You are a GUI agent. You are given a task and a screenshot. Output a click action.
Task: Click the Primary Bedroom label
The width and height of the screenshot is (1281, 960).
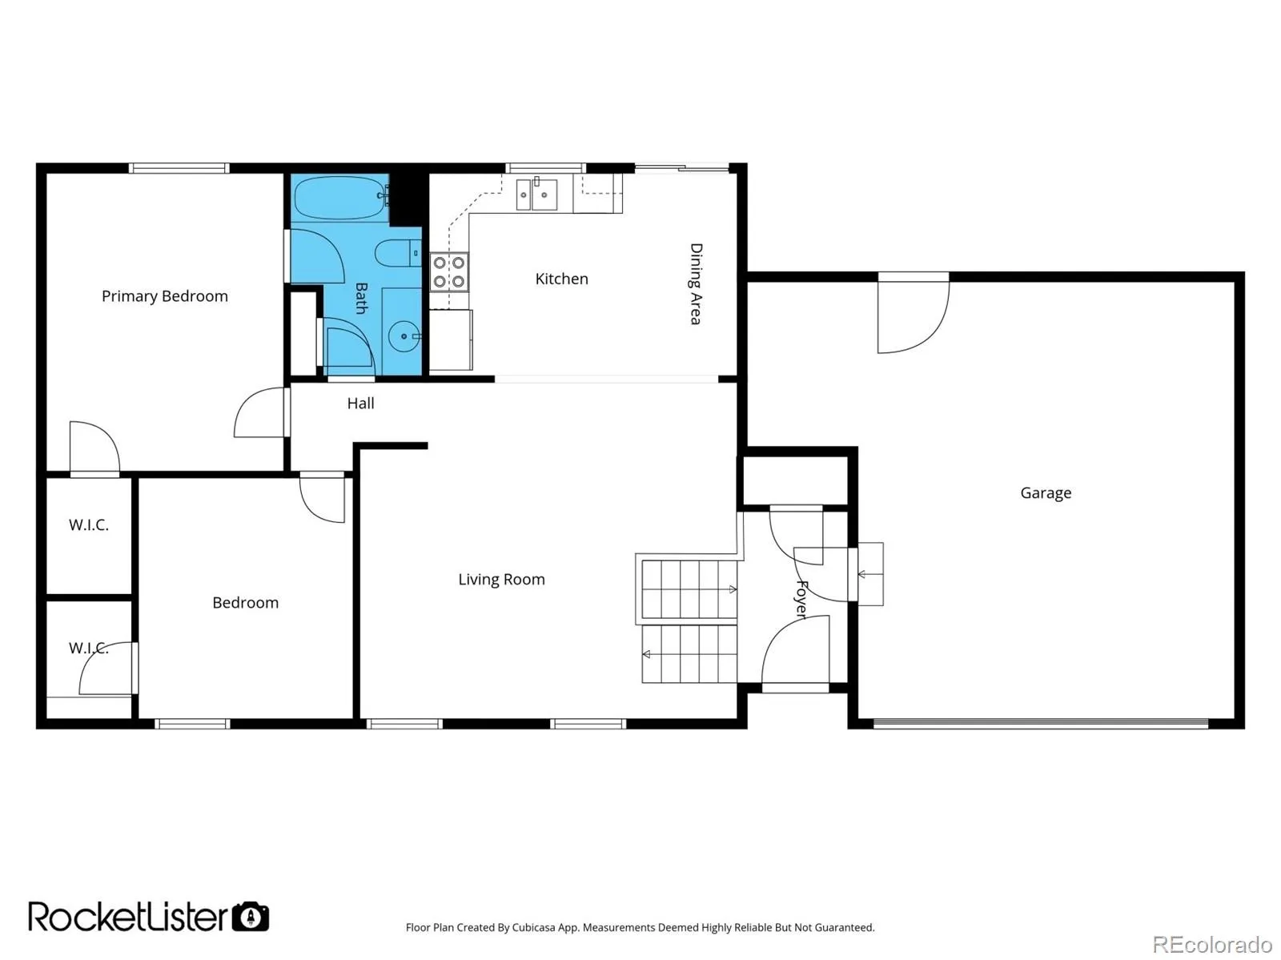pyautogui.click(x=165, y=296)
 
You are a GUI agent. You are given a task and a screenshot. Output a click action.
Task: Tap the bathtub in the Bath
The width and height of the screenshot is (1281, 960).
pyautogui.click(x=341, y=197)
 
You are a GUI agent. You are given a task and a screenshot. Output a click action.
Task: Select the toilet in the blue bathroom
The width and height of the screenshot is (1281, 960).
pyautogui.click(x=397, y=253)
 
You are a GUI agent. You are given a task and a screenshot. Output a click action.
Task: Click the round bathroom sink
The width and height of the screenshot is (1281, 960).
pyautogui.click(x=404, y=337)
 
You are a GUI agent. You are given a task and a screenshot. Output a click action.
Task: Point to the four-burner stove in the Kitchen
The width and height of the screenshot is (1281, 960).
pyautogui.click(x=449, y=272)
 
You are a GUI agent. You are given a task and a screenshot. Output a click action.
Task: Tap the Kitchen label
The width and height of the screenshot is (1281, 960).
pyautogui.click(x=561, y=279)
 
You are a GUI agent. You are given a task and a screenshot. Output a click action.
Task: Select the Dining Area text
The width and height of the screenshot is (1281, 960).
pyautogui.click(x=696, y=283)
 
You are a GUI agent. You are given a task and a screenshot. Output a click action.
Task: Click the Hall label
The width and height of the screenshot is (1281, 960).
pyautogui.click(x=360, y=404)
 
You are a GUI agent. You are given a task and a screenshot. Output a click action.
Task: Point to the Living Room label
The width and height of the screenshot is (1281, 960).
pyautogui.click(x=501, y=580)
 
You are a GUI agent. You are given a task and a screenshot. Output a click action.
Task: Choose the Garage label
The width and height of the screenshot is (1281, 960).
pyautogui.click(x=1046, y=493)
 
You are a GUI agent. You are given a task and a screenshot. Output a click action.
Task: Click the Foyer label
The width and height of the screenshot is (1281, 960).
pyautogui.click(x=802, y=600)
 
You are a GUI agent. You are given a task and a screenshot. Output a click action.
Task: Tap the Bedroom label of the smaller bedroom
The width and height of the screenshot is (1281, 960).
pyautogui.click(x=245, y=603)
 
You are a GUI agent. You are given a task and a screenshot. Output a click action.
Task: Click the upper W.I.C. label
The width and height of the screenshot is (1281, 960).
pyautogui.click(x=89, y=525)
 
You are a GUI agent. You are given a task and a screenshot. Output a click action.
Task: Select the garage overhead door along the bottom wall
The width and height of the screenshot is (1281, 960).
pyautogui.click(x=1041, y=724)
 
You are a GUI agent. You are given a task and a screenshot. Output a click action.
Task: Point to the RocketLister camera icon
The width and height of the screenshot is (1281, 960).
pyautogui.click(x=251, y=917)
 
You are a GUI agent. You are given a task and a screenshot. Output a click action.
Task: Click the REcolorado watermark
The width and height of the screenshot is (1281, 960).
pyautogui.click(x=1212, y=944)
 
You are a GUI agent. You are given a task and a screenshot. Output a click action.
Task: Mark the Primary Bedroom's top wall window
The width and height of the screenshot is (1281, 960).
pyautogui.click(x=179, y=169)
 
